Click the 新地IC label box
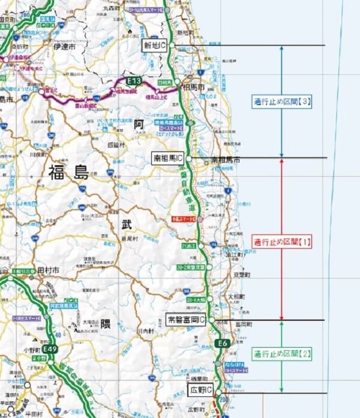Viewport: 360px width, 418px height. [155, 45]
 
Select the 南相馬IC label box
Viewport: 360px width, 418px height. [168, 158]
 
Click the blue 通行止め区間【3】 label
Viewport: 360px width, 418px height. [281, 102]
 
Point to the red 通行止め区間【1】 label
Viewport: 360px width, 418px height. [281, 242]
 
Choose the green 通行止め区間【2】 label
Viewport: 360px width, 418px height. [282, 354]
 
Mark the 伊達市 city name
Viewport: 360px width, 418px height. [62, 46]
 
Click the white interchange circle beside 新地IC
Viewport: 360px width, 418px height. [171, 45]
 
